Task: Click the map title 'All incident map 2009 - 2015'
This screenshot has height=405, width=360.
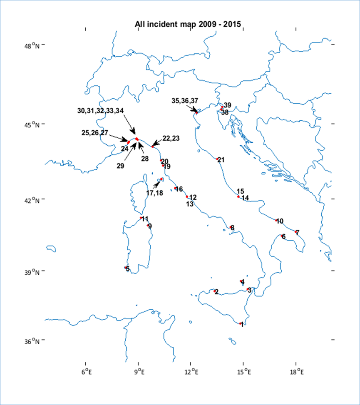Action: click(x=188, y=24)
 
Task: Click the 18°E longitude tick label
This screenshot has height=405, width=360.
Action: click(x=296, y=372)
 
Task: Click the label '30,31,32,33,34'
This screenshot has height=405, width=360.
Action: click(x=101, y=111)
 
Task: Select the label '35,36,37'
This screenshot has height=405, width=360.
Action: click(x=185, y=101)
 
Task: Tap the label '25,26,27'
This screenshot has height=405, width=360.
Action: click(x=95, y=133)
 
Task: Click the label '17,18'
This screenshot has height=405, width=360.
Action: click(x=154, y=193)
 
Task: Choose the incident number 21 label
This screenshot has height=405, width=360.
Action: click(x=221, y=160)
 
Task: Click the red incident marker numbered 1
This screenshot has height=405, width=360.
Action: click(x=241, y=323)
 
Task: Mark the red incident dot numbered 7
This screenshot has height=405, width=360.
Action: click(x=296, y=231)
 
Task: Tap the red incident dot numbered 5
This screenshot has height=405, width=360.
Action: click(x=126, y=268)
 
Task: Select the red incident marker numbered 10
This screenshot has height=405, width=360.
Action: click(x=276, y=220)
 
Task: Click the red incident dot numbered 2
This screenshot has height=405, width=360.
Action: click(x=215, y=291)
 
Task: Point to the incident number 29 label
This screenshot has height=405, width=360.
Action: click(x=120, y=166)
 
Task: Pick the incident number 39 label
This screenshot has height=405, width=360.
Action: click(x=227, y=105)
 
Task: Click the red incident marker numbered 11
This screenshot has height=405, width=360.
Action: click(x=142, y=218)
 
